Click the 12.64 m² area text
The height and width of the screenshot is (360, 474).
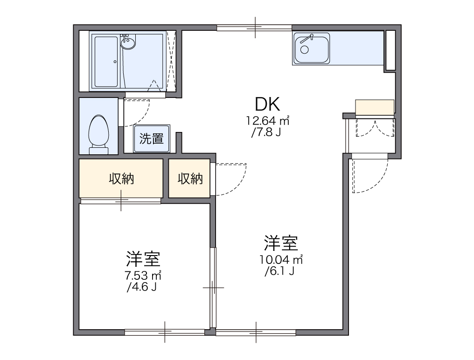268,121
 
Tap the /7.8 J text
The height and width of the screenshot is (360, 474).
265,132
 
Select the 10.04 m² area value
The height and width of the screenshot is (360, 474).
281,260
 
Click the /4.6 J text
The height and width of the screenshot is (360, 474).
141,287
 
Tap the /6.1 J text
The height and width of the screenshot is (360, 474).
279,271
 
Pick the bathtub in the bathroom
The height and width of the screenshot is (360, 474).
106,61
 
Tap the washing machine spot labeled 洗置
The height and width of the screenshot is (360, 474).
152,138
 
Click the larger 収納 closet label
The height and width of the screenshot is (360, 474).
121,179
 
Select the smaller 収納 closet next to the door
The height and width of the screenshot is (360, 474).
190,179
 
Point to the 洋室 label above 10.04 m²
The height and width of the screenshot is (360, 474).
281,243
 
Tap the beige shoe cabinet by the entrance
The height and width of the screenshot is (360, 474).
375,107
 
